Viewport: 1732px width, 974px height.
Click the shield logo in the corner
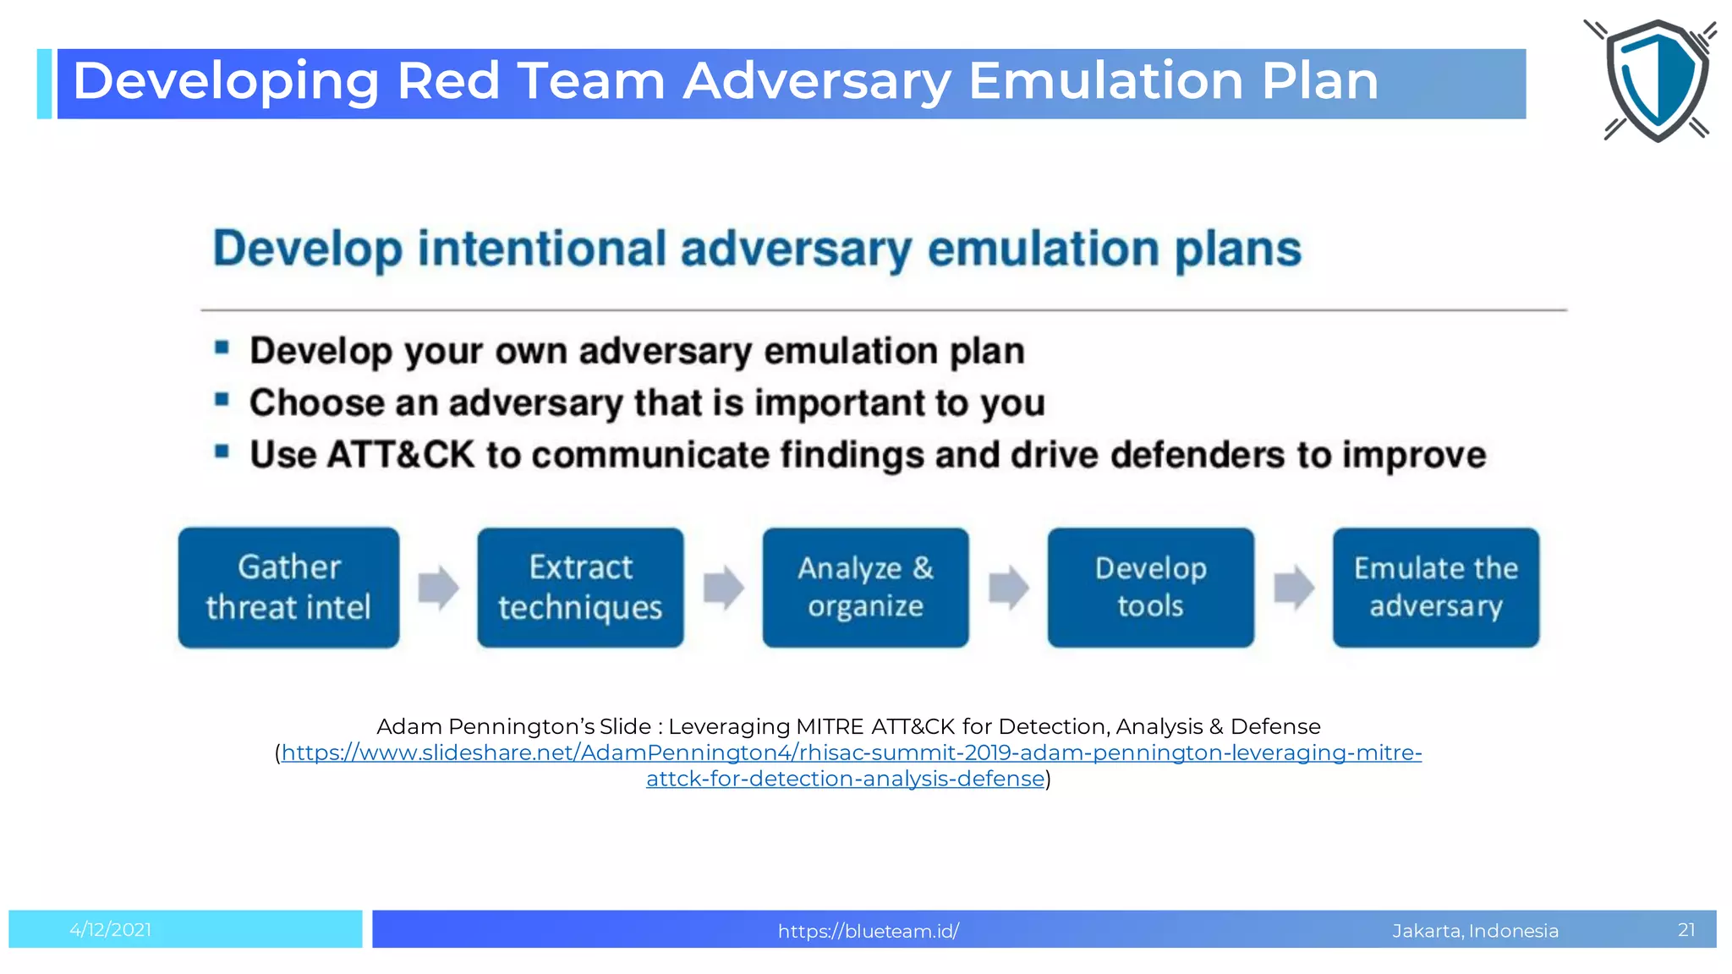[1656, 80]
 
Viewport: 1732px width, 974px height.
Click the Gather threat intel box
[288, 588]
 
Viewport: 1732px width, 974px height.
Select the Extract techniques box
[580, 588]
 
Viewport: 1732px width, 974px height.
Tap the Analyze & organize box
[865, 588]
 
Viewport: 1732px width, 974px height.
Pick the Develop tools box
[1150, 588]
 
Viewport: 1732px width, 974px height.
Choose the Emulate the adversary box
[1435, 588]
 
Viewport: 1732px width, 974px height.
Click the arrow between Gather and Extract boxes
[438, 588]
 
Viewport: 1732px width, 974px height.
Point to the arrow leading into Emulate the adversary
[1294, 588]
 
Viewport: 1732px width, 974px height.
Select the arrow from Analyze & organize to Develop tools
[1008, 588]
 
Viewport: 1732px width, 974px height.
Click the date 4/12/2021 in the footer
[111, 930]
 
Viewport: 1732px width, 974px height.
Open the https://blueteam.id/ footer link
[868, 931]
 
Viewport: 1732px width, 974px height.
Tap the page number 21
[1686, 930]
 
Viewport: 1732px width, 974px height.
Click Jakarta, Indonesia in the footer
[1475, 931]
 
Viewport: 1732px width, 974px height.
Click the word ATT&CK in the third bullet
[400, 455]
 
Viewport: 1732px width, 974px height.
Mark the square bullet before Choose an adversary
[222, 399]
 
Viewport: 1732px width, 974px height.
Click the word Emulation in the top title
[1105, 81]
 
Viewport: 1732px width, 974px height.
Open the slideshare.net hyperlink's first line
[851, 752]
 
